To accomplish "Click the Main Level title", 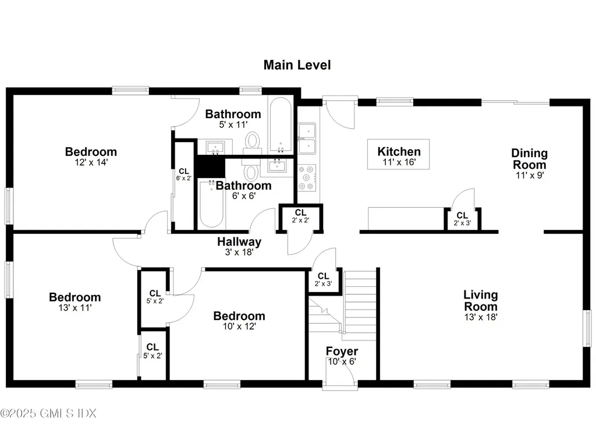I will coord(297,65).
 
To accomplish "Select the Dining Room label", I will coord(529,158).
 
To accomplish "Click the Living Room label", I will coord(480,300).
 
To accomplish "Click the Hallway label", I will coord(239,242).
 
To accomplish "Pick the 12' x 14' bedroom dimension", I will coord(91,163).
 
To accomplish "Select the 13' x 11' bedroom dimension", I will coord(74,308).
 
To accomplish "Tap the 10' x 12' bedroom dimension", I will coord(239,326).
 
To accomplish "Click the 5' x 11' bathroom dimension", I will coord(233,124).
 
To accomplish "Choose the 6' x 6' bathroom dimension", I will coord(243,196).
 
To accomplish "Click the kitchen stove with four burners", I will coord(307,178).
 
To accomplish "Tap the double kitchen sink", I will coord(307,138).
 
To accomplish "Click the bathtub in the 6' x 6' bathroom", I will coord(211,204).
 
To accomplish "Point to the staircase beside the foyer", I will coord(360,306).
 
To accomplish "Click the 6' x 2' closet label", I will coord(183,174).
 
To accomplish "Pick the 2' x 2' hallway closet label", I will coord(301,216).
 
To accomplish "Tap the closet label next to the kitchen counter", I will coord(463,218).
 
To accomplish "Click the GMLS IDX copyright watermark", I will coord(48,413).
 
